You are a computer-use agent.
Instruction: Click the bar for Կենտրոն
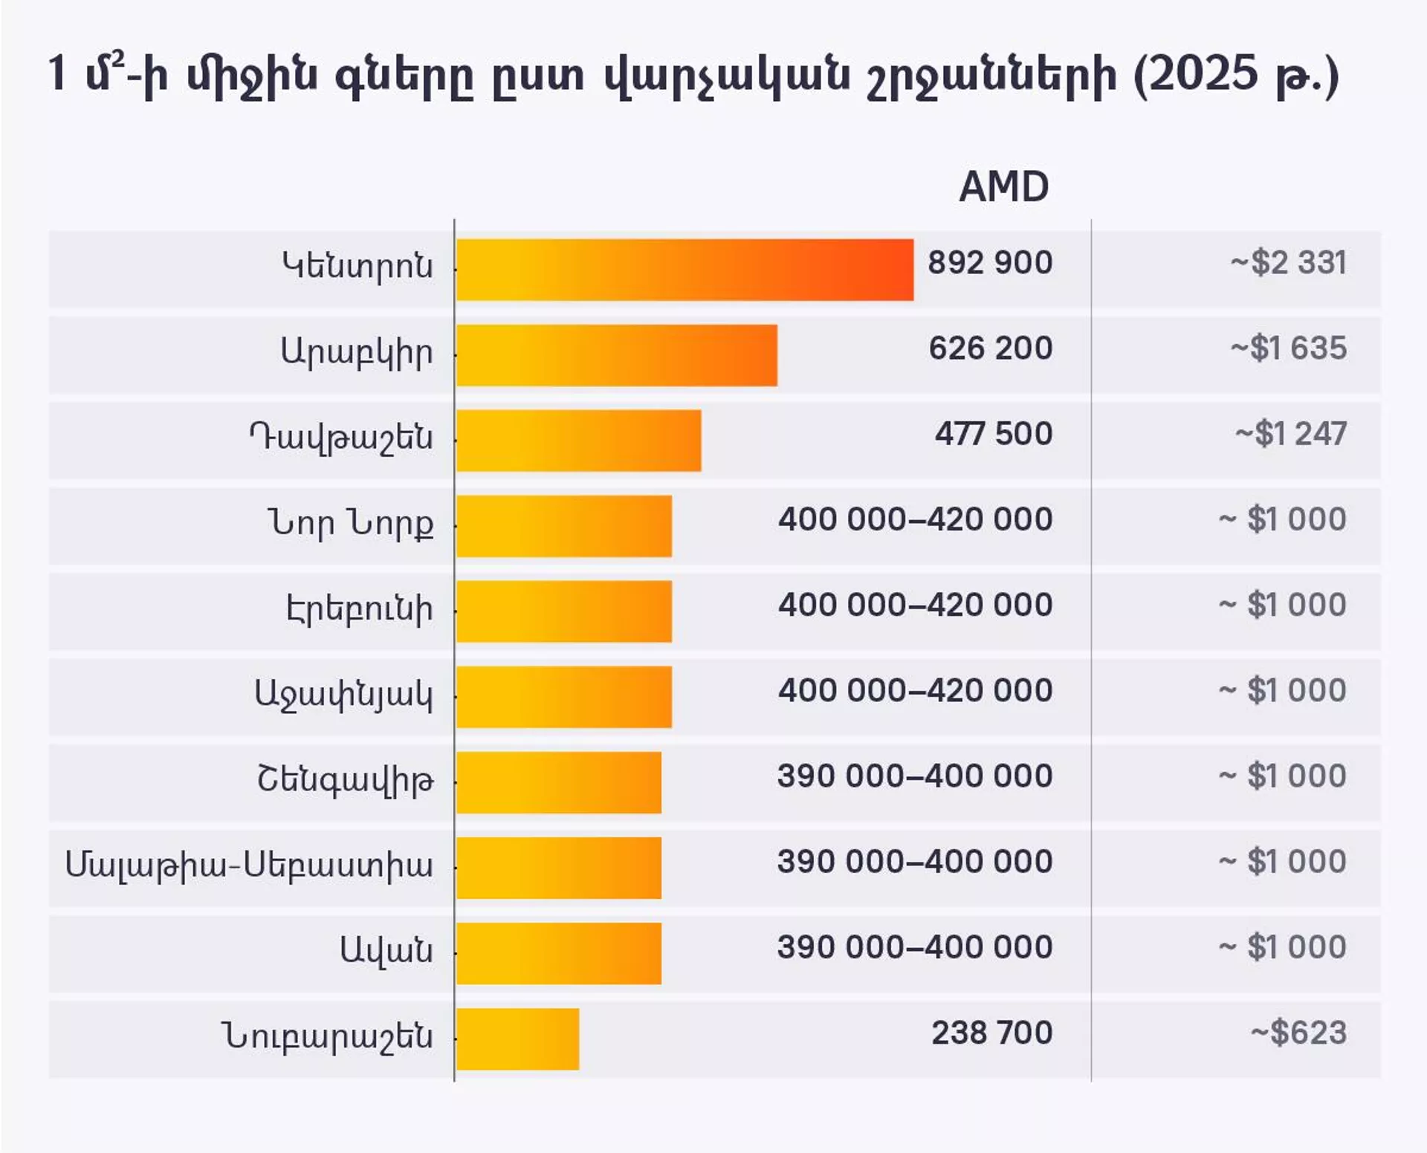[x=684, y=270]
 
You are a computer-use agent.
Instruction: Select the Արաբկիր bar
[x=616, y=355]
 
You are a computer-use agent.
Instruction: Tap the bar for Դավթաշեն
[x=578, y=441]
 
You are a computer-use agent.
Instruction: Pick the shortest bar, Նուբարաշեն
[x=517, y=1039]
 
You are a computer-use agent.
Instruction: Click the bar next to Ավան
[x=558, y=953]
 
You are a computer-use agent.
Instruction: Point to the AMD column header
[x=1003, y=186]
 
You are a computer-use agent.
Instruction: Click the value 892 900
[x=989, y=262]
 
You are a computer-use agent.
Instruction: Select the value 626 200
[x=990, y=348]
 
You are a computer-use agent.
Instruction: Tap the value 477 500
[x=993, y=433]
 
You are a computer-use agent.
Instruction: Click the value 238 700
[x=991, y=1033]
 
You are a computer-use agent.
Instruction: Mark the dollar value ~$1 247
[x=1290, y=433]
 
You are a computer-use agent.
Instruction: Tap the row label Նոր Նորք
[x=350, y=523]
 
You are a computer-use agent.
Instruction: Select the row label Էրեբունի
[x=359, y=608]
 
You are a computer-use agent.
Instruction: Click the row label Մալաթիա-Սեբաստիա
[x=249, y=865]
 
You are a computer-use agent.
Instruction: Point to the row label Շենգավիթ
[x=345, y=779]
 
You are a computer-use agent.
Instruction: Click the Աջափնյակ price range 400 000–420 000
[x=915, y=690]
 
